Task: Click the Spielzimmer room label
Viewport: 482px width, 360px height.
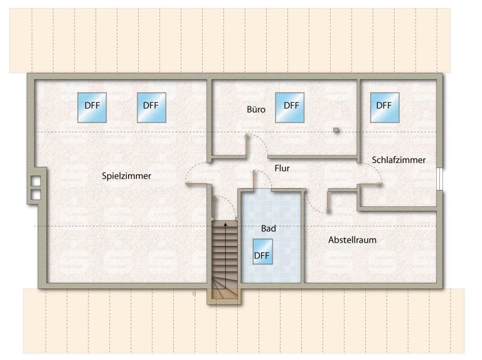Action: pyautogui.click(x=126, y=176)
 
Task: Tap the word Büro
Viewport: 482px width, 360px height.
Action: pyautogui.click(x=256, y=109)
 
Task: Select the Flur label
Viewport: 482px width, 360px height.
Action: pyautogui.click(x=282, y=168)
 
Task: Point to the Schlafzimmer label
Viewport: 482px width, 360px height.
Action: pyautogui.click(x=399, y=160)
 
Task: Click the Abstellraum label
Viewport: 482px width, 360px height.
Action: pyautogui.click(x=352, y=240)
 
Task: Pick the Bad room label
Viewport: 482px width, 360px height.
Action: pyautogui.click(x=269, y=228)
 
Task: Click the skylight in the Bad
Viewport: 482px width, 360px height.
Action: pyautogui.click(x=262, y=252)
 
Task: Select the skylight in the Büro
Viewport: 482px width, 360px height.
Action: pyautogui.click(x=290, y=107)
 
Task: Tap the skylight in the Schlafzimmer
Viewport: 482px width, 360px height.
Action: pyautogui.click(x=385, y=107)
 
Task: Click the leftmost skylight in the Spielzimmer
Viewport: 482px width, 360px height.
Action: pyautogui.click(x=92, y=107)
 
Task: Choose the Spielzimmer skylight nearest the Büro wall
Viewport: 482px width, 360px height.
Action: pyautogui.click(x=151, y=107)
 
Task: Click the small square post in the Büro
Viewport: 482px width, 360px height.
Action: pyautogui.click(x=336, y=130)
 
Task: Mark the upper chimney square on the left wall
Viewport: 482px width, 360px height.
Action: pyautogui.click(x=36, y=181)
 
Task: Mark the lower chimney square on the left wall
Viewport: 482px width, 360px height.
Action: pyautogui.click(x=36, y=195)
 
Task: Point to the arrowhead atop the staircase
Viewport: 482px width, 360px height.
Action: pyautogui.click(x=226, y=224)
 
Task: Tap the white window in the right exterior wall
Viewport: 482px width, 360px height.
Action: pyautogui.click(x=440, y=179)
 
